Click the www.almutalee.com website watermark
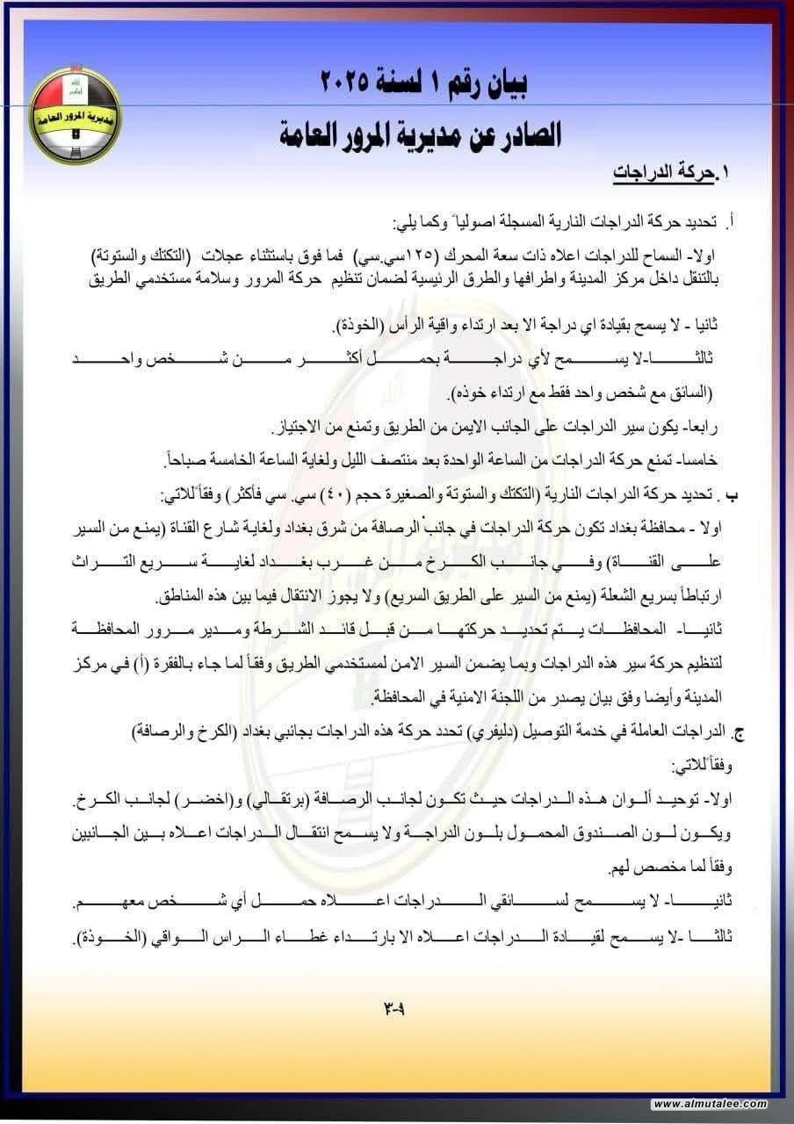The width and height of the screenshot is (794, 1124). pyautogui.click(x=710, y=1104)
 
